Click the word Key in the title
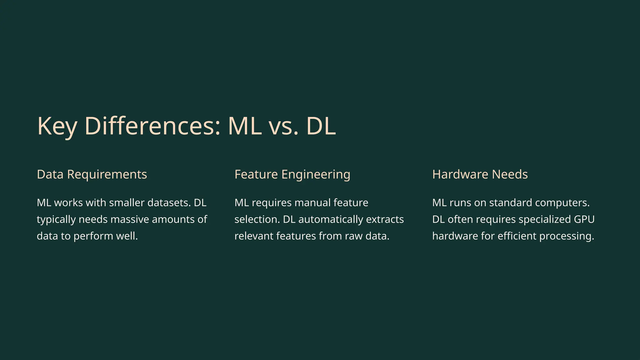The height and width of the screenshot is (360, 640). (x=57, y=126)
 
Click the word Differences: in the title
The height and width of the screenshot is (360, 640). (x=152, y=126)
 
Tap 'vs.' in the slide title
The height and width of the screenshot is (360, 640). (x=283, y=126)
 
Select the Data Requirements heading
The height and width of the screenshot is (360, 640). (x=92, y=174)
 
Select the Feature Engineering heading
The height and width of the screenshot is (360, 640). (x=292, y=174)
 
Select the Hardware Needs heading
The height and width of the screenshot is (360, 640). (x=480, y=174)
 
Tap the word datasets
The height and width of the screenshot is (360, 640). (x=169, y=203)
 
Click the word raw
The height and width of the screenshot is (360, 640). (x=353, y=236)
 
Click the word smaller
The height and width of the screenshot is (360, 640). (x=127, y=203)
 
